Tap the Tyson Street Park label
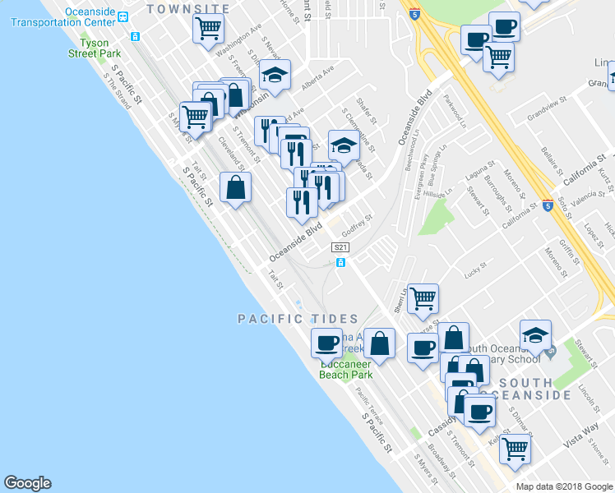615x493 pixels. (94, 48)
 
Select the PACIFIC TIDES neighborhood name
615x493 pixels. (298, 319)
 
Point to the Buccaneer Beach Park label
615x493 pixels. (345, 369)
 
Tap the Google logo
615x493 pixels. (27, 483)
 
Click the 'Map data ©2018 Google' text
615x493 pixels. (564, 486)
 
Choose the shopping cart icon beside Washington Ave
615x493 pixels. (209, 29)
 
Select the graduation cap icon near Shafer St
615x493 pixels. (344, 146)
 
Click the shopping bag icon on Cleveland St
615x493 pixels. (235, 188)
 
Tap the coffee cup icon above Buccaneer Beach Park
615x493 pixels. (326, 342)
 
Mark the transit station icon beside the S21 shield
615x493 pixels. (340, 262)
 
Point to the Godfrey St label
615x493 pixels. (358, 222)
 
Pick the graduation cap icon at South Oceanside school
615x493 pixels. (534, 334)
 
